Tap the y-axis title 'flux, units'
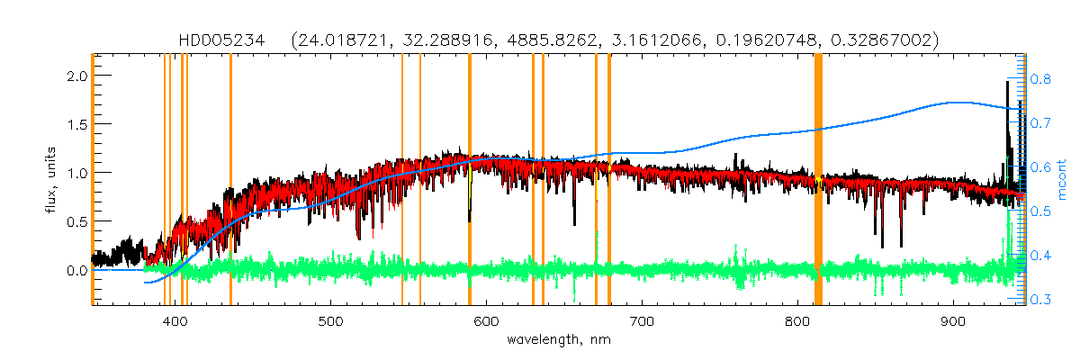[54, 180]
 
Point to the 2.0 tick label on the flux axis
[76, 76]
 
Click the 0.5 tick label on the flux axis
[76, 221]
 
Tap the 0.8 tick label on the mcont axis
[1041, 79]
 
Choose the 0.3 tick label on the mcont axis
[1041, 300]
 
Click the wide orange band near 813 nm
[818, 180]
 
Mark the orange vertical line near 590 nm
[470, 180]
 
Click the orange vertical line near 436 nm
[230, 180]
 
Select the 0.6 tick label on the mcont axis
[1041, 167]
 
